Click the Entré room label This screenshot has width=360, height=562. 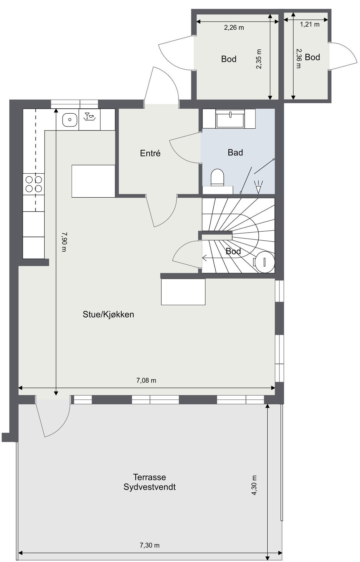click(x=150, y=153)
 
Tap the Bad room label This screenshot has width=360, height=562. click(x=235, y=152)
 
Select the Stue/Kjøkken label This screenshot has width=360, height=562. click(x=108, y=314)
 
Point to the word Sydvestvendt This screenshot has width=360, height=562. click(x=149, y=487)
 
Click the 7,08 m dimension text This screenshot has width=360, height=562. click(x=146, y=380)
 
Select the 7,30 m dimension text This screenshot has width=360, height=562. click(x=149, y=545)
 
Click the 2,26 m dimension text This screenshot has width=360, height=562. click(x=234, y=27)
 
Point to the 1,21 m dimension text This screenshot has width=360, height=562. click(x=310, y=24)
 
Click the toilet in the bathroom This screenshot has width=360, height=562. click(x=217, y=177)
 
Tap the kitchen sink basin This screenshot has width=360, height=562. click(x=70, y=120)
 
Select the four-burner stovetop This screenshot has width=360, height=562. click(x=34, y=184)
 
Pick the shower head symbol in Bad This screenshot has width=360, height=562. click(x=258, y=188)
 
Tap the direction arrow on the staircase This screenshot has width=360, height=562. click(x=206, y=258)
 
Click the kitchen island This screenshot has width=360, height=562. click(x=93, y=181)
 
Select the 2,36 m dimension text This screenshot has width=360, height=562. click(x=299, y=58)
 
